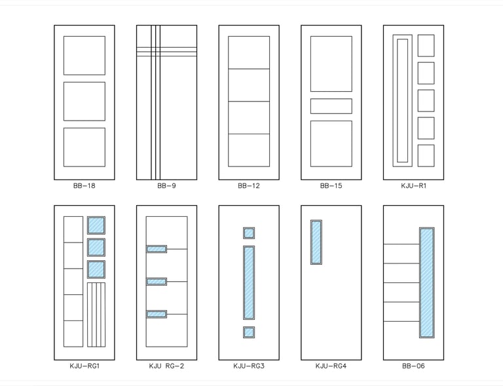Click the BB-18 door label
84,186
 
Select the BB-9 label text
166,186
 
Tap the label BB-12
249,186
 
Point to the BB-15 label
331,186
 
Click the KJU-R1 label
413,186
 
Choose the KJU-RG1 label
84,366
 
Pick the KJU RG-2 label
166,366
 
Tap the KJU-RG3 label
249,366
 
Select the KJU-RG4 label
331,366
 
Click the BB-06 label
413,366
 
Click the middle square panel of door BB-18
84,102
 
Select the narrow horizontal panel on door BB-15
331,106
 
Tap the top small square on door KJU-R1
426,46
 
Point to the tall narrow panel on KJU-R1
402,100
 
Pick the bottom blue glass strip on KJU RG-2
157,314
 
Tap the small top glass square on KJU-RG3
249,233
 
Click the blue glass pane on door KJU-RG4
316,242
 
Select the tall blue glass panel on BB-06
427,282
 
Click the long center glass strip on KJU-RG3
249,282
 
